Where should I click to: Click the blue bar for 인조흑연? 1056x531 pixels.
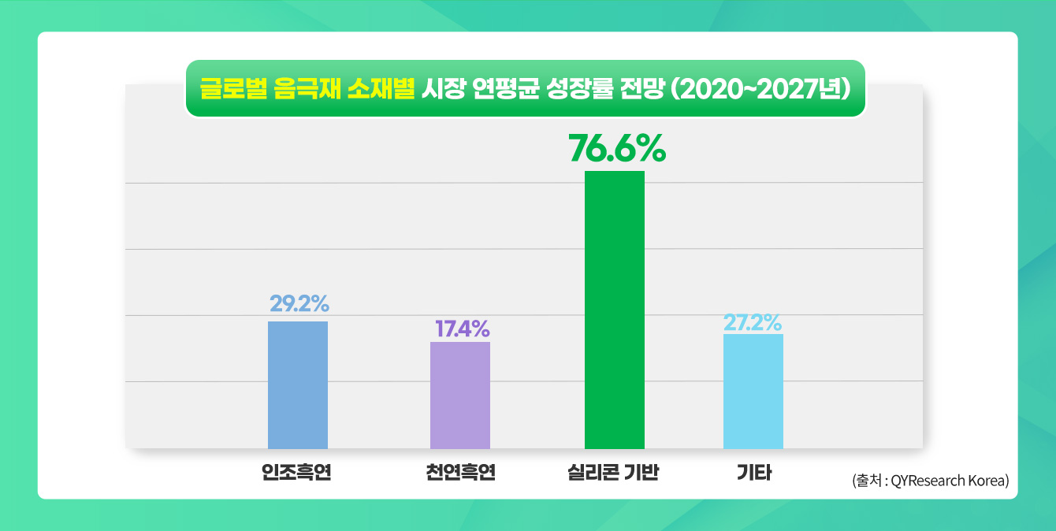pos(298,384)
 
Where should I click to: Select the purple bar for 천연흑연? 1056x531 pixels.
pos(460,395)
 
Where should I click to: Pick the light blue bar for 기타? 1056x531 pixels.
pos(753,391)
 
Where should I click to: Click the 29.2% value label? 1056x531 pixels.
pos(299,303)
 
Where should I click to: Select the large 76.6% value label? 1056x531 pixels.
pos(617,148)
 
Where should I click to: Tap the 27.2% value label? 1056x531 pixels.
pos(753,322)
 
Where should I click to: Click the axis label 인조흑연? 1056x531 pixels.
pos(296,473)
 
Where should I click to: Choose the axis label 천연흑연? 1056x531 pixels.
pos(459,473)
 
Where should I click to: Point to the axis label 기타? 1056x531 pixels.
pos(753,473)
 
